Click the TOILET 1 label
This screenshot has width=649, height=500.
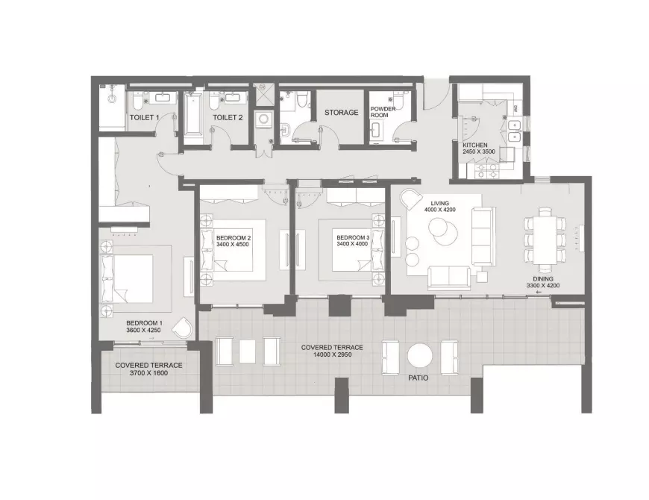[x=144, y=118]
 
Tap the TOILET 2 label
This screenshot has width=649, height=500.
[x=228, y=118]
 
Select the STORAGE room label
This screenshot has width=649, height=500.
[x=342, y=113]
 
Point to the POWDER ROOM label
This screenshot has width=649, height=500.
[x=383, y=112]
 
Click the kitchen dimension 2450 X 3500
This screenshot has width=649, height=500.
[x=479, y=151]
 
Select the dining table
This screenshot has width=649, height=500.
[x=545, y=240]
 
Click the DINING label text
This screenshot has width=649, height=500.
[x=543, y=279]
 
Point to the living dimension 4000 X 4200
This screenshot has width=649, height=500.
[x=439, y=210]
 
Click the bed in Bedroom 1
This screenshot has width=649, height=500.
[x=128, y=279]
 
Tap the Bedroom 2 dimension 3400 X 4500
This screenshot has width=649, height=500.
[x=233, y=244]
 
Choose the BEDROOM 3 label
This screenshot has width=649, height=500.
[x=353, y=237]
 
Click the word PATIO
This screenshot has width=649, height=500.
[x=418, y=378]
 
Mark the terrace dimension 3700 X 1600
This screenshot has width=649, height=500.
[x=148, y=373]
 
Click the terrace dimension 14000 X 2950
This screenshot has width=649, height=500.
[x=332, y=354]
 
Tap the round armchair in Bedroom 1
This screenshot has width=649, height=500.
[x=182, y=328]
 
